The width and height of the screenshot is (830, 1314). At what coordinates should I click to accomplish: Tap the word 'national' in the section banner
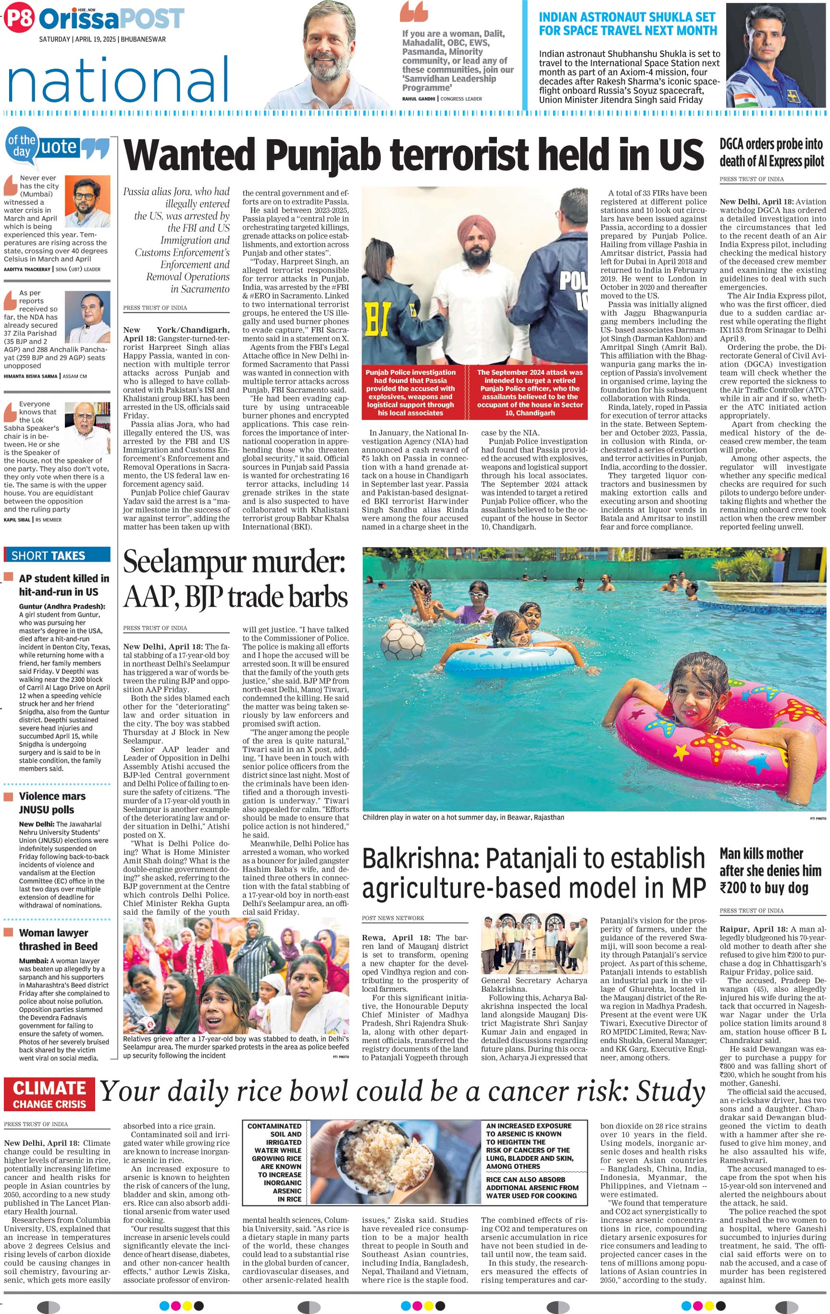(x=118, y=80)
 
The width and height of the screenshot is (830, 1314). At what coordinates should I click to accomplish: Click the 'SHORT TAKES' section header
(x=48, y=556)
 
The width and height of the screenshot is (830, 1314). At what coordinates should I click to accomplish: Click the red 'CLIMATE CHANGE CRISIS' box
(x=49, y=1095)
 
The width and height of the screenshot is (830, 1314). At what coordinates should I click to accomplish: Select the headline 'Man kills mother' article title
(x=761, y=854)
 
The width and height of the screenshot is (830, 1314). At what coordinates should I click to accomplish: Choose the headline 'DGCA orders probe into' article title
(x=770, y=144)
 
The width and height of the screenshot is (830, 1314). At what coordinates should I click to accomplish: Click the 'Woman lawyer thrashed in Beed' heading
(x=58, y=940)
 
